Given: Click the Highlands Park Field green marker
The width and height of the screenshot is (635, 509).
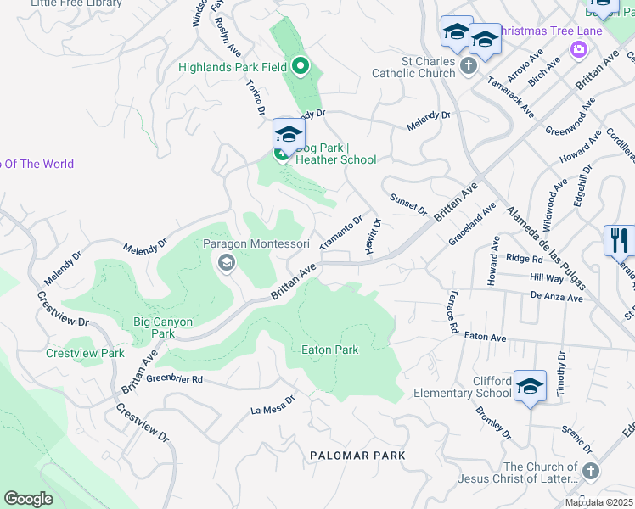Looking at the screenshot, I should coord(300,65).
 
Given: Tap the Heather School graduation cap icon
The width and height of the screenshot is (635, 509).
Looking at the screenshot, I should coord(289,134).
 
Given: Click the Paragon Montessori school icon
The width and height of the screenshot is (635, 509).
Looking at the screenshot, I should coord(226,263).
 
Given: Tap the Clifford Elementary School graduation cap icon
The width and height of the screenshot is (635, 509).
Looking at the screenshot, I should coord(530,386).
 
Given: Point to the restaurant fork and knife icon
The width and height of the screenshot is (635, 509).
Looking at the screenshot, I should coord(619,240).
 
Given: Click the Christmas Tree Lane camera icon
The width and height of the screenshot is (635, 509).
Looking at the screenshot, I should coord(579,49).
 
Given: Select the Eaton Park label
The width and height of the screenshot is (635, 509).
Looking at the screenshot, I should coord(330,350).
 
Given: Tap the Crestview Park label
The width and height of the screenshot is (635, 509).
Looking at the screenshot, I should coord(85,353).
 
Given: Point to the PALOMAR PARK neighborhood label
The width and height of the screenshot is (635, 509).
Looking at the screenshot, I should coord(357,456).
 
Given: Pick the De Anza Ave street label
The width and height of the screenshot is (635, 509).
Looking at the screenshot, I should coord(557,298).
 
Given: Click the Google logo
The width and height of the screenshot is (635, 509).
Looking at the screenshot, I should coord(28,499).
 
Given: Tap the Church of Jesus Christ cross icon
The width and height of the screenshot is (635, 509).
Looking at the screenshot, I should coord(591,470).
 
